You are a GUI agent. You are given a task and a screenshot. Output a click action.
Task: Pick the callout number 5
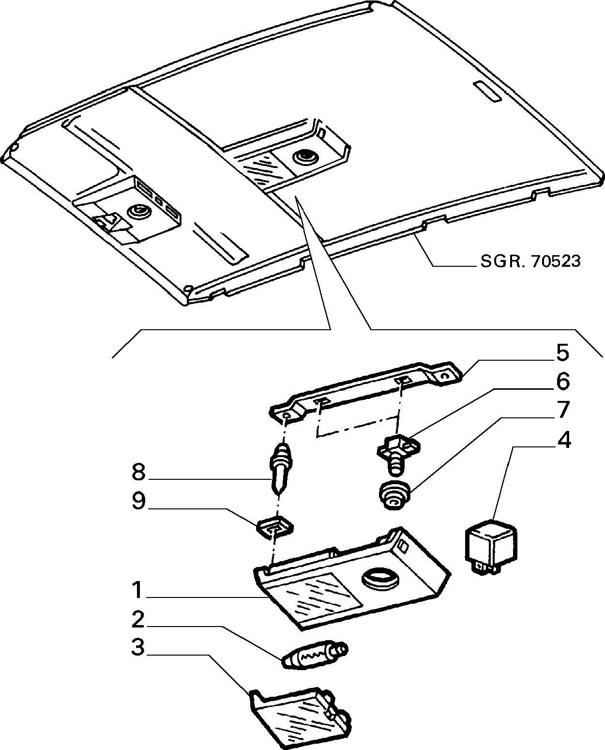[x=562, y=352]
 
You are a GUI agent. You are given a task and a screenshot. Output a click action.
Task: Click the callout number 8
[x=138, y=473]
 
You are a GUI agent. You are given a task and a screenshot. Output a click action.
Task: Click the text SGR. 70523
[x=530, y=261]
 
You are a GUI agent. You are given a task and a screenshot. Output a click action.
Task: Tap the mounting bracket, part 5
[x=366, y=393]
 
